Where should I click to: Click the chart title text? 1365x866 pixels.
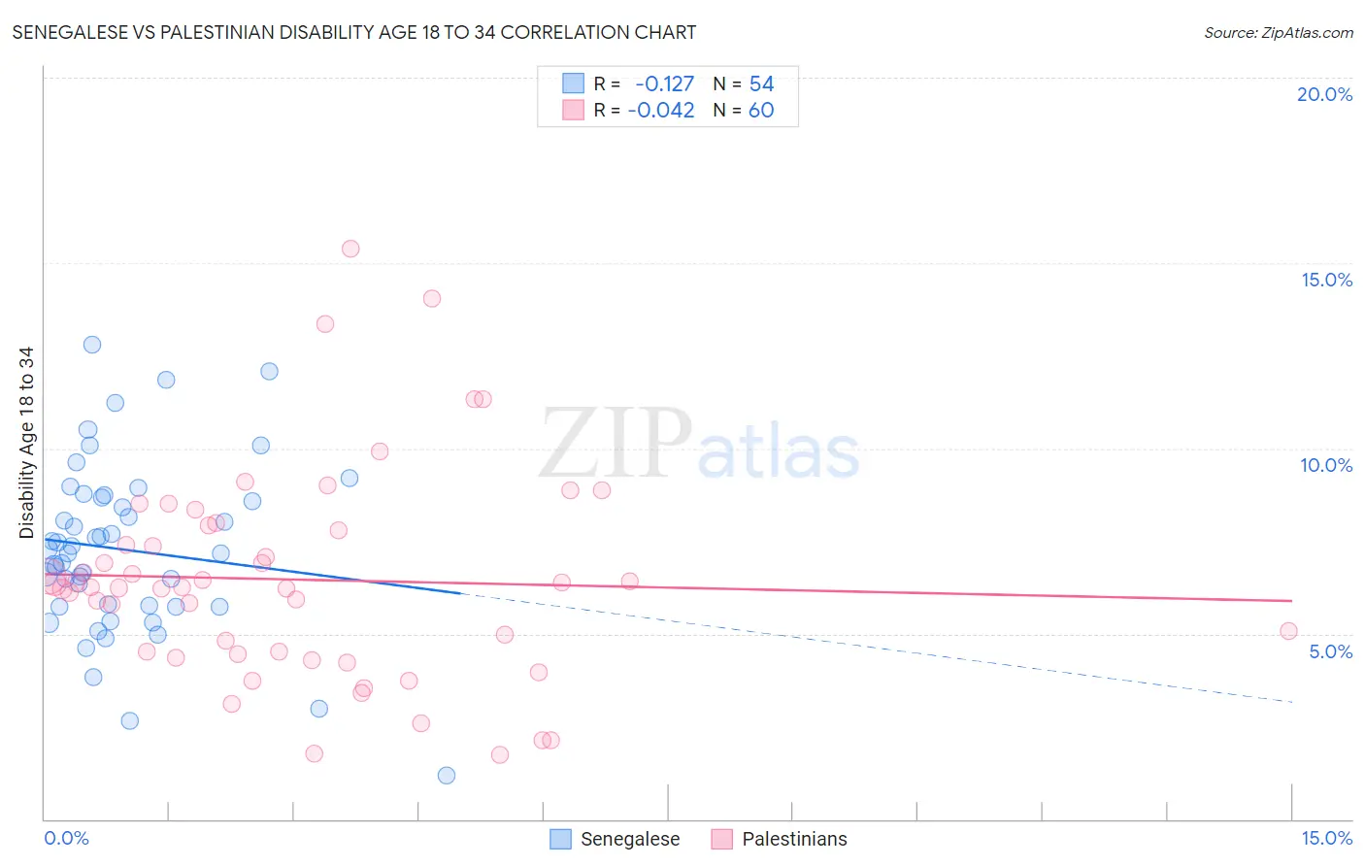tap(354, 32)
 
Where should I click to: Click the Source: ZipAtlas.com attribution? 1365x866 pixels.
tap(1278, 32)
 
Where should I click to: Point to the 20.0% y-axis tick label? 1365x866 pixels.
tap(1324, 94)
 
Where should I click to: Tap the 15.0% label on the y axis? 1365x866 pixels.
tap(1326, 280)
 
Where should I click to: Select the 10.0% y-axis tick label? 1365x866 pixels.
tap(1326, 465)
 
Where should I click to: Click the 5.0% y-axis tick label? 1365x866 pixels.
tap(1330, 651)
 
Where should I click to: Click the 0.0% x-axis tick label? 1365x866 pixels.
tap(66, 838)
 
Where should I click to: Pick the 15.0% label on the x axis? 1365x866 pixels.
tap(1326, 838)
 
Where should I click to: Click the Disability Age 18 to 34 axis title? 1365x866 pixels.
tap(26, 443)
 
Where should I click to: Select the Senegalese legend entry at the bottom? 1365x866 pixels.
tap(616, 839)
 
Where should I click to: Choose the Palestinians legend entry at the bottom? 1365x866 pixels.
tap(780, 839)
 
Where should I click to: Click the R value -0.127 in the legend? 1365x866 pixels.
tap(665, 84)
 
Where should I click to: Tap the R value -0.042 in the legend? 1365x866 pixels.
tap(661, 111)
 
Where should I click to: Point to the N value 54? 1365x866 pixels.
tap(761, 84)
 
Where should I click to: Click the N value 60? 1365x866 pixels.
tap(761, 111)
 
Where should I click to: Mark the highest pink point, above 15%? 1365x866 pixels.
tap(350, 249)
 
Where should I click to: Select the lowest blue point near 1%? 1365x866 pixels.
tap(447, 775)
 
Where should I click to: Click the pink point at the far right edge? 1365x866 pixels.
tap(1288, 631)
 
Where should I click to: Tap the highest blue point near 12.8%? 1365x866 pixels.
tap(92, 345)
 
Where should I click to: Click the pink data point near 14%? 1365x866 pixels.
tap(432, 298)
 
